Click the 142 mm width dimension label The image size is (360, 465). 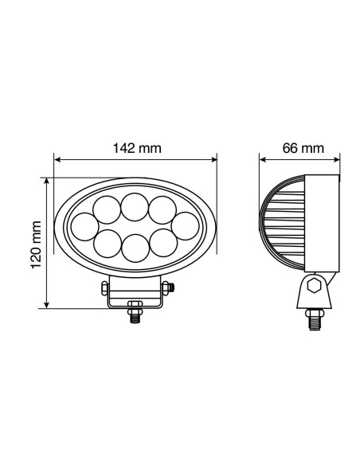(137, 147)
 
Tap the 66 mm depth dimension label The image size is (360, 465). (303, 147)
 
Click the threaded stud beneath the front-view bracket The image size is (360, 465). (135, 315)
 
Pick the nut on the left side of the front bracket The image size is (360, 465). (105, 287)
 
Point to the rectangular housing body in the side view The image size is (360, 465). (322, 225)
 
